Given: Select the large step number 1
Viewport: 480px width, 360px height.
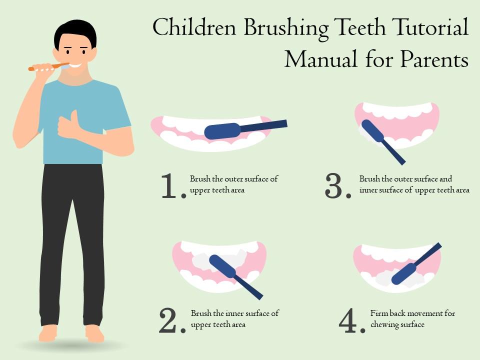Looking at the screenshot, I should pos(170,186).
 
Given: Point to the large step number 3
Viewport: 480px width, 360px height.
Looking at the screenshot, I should pos(337,186).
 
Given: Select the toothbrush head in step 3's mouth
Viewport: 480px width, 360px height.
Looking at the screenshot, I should pos(372,131).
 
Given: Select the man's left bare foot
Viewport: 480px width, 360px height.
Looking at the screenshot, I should pos(94,332).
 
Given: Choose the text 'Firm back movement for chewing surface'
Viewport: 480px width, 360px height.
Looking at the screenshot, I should pos(412,318).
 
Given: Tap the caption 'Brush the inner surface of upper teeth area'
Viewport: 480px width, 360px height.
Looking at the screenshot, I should pos(234,318).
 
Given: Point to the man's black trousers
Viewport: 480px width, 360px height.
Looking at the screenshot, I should pos(72,240).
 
